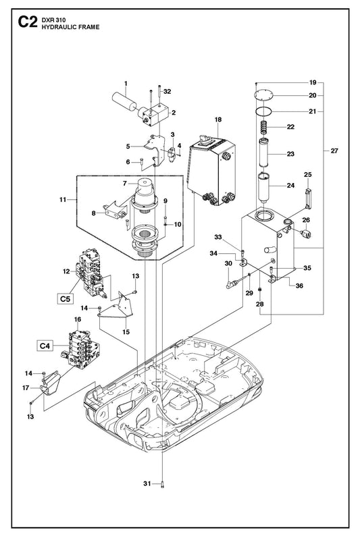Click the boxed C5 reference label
[66, 298]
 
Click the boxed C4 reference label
[45, 346]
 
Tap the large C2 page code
[27, 22]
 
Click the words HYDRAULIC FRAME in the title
[70, 28]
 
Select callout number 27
[334, 151]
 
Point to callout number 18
[218, 119]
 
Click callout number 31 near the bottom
[147, 483]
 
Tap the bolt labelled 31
[162, 484]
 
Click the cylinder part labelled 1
[124, 101]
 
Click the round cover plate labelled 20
[264, 95]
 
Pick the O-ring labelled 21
[264, 111]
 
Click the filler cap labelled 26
[306, 234]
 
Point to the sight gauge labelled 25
[309, 198]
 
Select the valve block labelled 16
[81, 351]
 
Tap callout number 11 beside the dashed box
[63, 199]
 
